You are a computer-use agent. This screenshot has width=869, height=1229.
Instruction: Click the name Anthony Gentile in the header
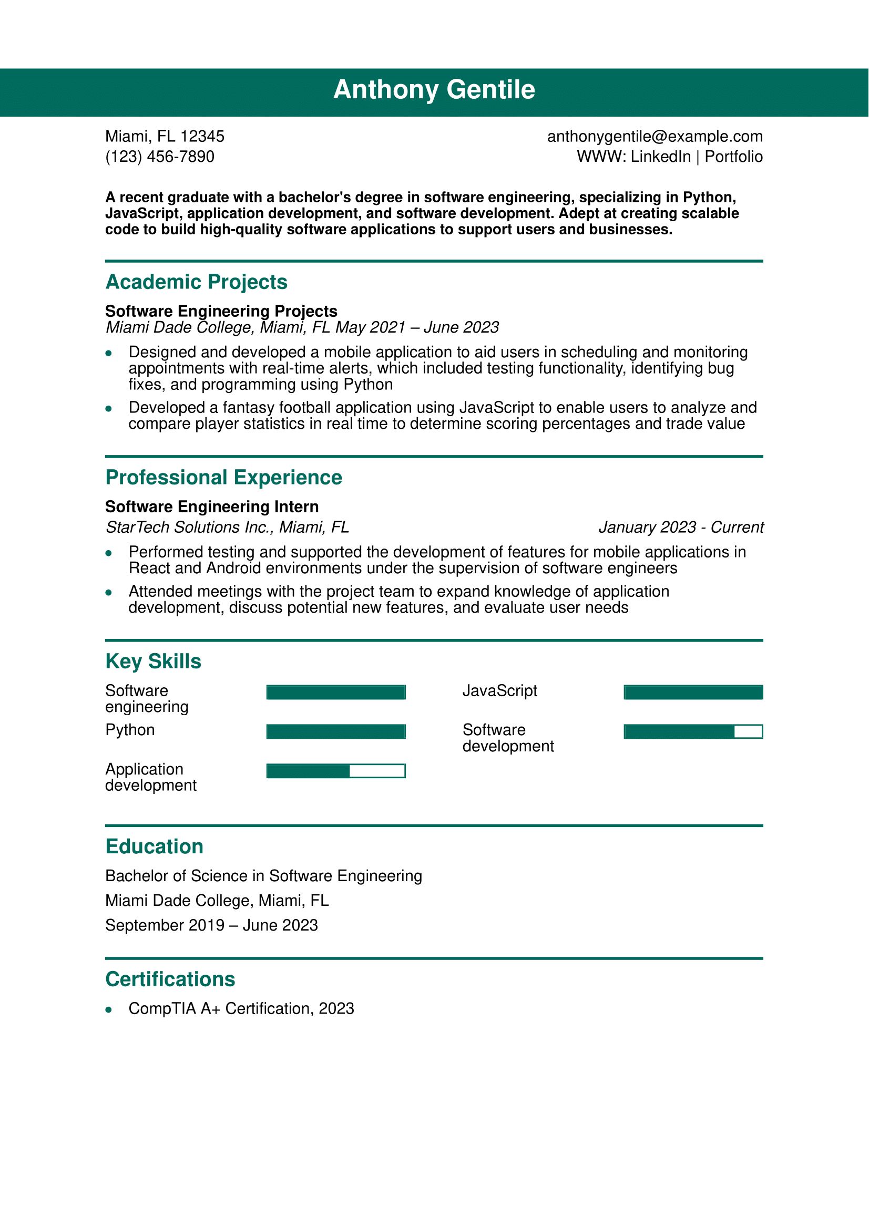[434, 89]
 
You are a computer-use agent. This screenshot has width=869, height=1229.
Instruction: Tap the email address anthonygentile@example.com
[655, 137]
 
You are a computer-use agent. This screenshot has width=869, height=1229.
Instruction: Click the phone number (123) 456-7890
[160, 157]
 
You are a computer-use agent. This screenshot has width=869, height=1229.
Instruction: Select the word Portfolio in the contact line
[733, 157]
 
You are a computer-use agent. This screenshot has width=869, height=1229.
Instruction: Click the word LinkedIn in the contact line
[660, 157]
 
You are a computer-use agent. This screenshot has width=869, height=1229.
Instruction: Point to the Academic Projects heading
[196, 282]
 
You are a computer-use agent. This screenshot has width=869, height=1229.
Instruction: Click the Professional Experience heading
[223, 478]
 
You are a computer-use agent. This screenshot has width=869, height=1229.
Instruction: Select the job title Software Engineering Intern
[211, 507]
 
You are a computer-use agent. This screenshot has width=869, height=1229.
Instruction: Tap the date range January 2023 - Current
[680, 527]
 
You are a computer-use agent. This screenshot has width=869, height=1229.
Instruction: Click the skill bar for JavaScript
[693, 692]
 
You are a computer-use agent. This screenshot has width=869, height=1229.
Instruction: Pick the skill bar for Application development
[336, 771]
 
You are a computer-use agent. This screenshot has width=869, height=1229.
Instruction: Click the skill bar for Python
[336, 732]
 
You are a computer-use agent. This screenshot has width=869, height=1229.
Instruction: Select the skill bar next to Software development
[693, 732]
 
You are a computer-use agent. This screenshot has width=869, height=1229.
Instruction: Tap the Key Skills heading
[153, 662]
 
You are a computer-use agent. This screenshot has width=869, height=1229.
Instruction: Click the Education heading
[154, 847]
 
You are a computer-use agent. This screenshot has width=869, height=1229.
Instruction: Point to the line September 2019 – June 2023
[211, 925]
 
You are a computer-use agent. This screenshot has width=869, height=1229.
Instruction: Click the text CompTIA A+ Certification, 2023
[241, 1009]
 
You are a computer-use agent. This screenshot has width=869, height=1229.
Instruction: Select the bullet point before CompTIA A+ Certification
[109, 1010]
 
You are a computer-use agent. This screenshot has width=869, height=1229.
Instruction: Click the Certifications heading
[170, 979]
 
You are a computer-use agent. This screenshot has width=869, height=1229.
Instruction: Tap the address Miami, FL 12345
[165, 137]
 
